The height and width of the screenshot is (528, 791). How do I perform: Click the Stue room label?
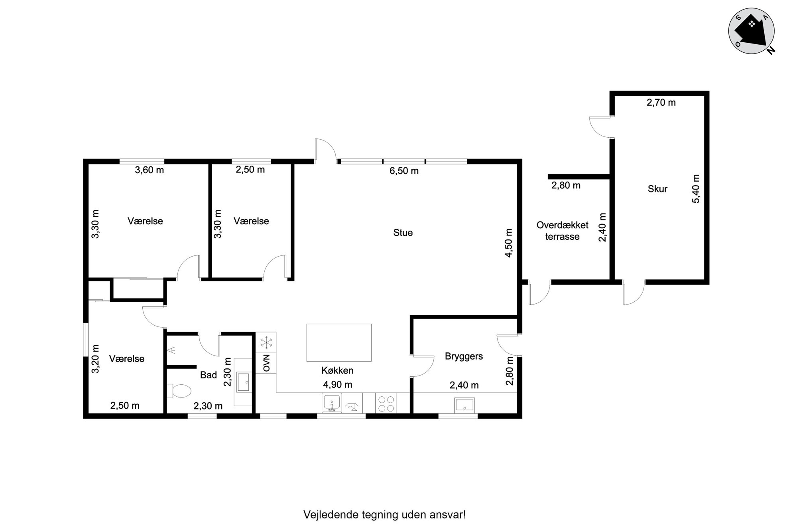point(403,233)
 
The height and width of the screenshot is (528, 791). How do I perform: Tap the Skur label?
point(657,189)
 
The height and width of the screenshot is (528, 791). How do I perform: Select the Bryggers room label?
point(464,356)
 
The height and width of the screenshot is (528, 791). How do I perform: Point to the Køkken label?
point(337,370)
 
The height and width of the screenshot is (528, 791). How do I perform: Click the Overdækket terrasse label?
point(563,231)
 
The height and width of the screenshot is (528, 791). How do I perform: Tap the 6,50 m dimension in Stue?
point(404,171)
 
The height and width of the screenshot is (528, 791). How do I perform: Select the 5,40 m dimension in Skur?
point(696,189)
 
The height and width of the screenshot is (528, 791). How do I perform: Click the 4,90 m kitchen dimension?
point(337,385)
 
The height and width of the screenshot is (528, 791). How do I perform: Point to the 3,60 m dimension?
point(150,170)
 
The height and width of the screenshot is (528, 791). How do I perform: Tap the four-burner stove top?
point(386,403)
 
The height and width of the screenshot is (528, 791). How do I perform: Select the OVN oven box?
point(266,363)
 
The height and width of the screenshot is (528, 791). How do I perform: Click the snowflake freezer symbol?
point(266,342)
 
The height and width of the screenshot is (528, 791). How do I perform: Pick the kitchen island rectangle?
point(339,342)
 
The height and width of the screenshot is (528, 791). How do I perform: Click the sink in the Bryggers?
point(465,405)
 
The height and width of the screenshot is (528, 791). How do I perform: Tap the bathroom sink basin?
point(243,382)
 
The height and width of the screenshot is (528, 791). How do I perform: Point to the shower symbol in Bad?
point(172,350)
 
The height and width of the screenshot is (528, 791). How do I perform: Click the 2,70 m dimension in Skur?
point(661,103)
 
